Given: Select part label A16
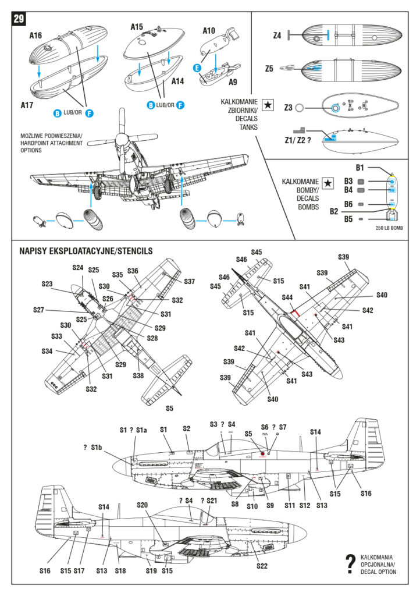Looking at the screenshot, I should [x=36, y=35].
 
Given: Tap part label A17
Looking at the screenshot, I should [x=27, y=105].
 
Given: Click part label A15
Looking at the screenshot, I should [x=137, y=27].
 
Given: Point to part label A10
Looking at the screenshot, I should [x=209, y=30].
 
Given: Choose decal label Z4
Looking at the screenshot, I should [x=277, y=36].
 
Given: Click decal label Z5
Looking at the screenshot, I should [x=269, y=69].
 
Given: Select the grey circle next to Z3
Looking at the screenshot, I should [x=300, y=108].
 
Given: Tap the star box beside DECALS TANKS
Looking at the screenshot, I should [x=268, y=105].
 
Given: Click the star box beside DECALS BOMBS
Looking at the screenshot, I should [x=329, y=183].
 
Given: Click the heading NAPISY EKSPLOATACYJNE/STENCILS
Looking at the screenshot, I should [x=86, y=251].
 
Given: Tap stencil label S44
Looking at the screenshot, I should [x=287, y=297].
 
